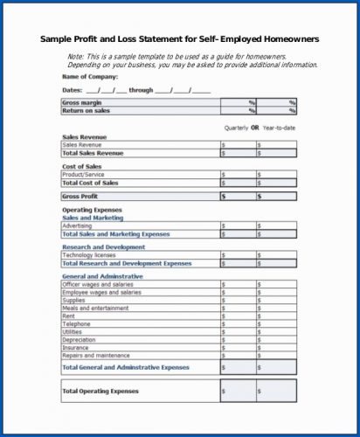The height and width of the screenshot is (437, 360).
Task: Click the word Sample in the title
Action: click(59, 39)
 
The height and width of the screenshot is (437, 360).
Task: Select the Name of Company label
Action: click(89, 77)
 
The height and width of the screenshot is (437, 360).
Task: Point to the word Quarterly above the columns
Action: click(237, 128)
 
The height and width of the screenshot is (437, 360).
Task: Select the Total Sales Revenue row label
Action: click(93, 153)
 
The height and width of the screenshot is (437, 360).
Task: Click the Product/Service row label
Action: click(83, 175)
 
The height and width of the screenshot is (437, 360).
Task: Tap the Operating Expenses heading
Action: click(91, 211)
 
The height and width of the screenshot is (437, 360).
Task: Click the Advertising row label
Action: click(78, 226)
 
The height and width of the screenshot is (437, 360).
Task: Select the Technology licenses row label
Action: click(89, 255)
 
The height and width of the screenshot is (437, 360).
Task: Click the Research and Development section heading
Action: click(104, 247)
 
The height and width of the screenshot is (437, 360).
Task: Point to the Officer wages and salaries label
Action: click(98, 284)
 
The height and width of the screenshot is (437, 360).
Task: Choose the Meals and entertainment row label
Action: click(96, 308)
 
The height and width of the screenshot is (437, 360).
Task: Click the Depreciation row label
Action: click(80, 340)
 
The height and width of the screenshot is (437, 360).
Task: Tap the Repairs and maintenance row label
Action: click(97, 356)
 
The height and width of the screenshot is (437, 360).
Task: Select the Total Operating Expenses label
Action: click(100, 391)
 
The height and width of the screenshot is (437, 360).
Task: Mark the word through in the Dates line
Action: click(141, 90)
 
